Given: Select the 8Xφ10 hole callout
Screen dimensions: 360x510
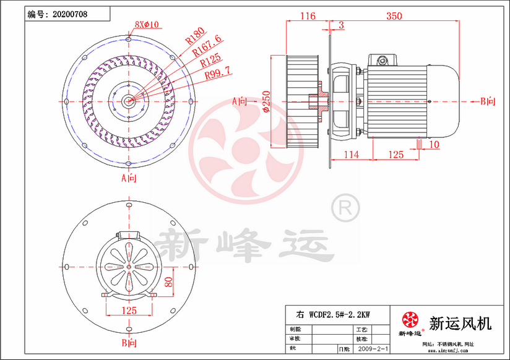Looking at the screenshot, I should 147,25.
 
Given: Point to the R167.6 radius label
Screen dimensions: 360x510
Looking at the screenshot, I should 207,49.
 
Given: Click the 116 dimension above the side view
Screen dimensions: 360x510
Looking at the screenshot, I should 308,16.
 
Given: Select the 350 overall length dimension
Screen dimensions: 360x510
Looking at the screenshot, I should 394,16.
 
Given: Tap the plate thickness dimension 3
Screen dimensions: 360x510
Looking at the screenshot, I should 342,25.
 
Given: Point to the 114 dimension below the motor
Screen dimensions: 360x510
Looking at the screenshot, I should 351,155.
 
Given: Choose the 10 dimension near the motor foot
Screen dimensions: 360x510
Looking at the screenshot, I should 434,145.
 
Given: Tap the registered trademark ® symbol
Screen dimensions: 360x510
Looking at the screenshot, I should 345,207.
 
